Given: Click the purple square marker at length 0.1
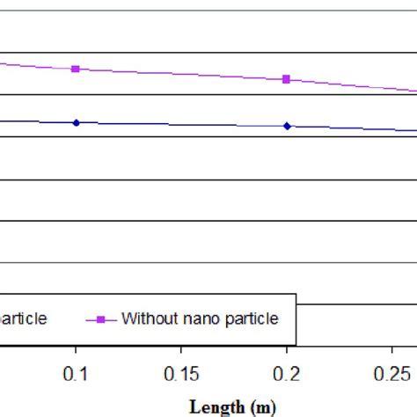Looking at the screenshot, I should pyautogui.click(x=76, y=69).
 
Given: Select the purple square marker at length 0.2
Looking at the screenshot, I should pyautogui.click(x=286, y=79).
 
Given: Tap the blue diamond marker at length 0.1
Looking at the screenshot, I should pyautogui.click(x=76, y=122).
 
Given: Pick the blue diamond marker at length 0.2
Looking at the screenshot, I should pyautogui.click(x=287, y=126).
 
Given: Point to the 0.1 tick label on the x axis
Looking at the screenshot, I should pyautogui.click(x=76, y=375).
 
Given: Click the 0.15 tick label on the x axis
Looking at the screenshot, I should pyautogui.click(x=181, y=375).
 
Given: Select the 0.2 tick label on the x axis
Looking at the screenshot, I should pyautogui.click(x=287, y=375).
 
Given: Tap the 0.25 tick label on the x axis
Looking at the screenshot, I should pyautogui.click(x=391, y=375).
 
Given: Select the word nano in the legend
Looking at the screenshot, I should pyautogui.click(x=199, y=318).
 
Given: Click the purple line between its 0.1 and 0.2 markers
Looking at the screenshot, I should pyautogui.click(x=180, y=74).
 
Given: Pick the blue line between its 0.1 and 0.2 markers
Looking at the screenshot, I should pyautogui.click(x=180, y=124).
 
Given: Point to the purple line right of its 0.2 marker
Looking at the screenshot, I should pyautogui.click(x=352, y=85).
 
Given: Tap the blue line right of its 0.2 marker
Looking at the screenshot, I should pyautogui.click(x=352, y=128).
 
